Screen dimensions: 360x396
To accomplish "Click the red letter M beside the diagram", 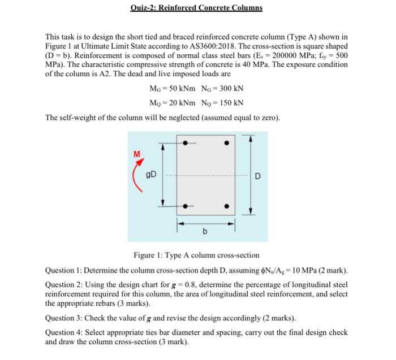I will [136, 153].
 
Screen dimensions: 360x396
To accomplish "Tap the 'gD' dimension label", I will [152, 174].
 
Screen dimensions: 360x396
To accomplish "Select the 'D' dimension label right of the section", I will [257, 175].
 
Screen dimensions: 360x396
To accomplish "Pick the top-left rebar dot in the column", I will [188, 143].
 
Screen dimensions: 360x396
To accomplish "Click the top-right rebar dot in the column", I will [227, 143].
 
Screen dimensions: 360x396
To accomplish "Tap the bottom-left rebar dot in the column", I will [188, 206].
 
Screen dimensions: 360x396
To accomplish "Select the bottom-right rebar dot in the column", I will [227, 206].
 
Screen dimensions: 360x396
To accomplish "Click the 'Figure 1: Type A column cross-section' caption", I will [196, 255].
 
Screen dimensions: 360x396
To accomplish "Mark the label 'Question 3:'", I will [66, 318].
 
